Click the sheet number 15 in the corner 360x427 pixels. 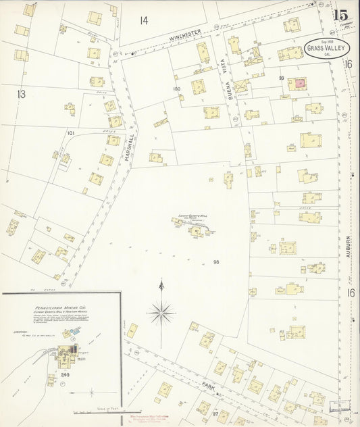pos(340,15)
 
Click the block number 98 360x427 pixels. pos(216,262)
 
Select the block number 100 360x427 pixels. pos(177,89)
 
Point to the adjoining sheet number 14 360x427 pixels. pos(143,20)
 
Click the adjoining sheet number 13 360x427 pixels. pos(21,94)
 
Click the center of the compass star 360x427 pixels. pos(161,312)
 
